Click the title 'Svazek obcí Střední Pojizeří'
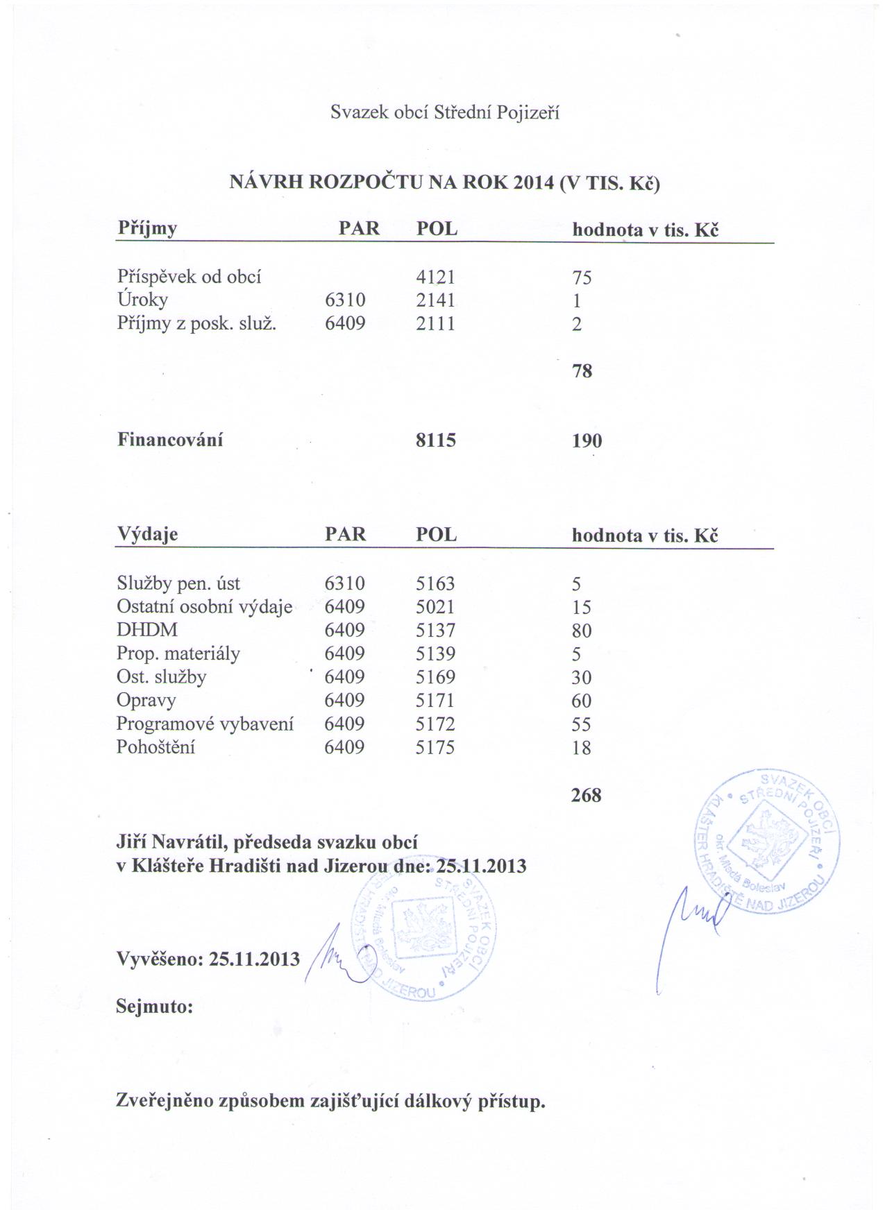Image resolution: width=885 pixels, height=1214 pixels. (x=444, y=113)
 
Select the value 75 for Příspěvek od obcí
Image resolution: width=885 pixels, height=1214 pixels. (x=582, y=277)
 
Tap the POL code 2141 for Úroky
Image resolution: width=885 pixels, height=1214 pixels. (x=435, y=300)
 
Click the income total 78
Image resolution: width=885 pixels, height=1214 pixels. (x=582, y=371)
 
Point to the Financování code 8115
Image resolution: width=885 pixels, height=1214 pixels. (x=435, y=440)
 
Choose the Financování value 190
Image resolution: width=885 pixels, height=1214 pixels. (x=587, y=441)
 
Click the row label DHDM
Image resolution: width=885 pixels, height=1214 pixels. (x=146, y=630)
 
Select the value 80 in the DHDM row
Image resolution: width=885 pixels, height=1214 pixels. (x=582, y=631)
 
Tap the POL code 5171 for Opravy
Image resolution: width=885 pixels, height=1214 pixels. (x=435, y=701)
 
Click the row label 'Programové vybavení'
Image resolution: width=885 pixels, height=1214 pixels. (x=205, y=724)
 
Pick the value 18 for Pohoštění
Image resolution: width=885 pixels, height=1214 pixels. (x=581, y=748)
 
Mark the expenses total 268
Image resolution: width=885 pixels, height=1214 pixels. (x=586, y=795)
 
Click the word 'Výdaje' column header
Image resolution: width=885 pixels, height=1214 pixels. (x=147, y=534)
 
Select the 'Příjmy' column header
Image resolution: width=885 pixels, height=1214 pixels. (x=147, y=228)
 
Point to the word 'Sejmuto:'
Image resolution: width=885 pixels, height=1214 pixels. (x=154, y=1006)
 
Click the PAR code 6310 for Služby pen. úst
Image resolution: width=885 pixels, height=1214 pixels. (x=344, y=584)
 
